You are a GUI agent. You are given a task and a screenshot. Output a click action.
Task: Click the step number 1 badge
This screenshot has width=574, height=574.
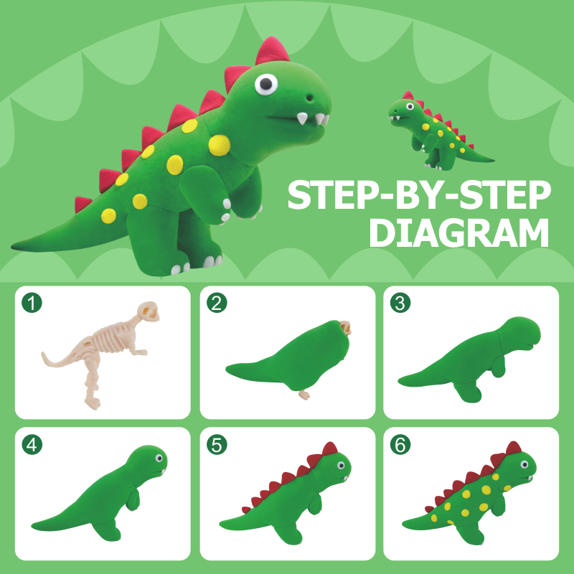pos(32,303)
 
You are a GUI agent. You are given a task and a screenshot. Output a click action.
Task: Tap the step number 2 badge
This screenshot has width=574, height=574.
pos(217,303)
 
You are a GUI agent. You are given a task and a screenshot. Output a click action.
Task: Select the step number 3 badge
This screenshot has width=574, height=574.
pos(400,303)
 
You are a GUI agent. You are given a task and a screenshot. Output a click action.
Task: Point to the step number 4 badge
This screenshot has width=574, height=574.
pos(32,444)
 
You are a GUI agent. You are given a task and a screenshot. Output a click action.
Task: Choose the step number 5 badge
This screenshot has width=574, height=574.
pos(217,444)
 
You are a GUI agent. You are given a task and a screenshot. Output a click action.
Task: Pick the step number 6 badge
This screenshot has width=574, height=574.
pos(400,444)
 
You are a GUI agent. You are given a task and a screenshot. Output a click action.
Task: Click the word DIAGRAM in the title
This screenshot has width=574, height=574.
pos(459,233)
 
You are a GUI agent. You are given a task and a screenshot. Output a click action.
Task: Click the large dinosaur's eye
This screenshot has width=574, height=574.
pos(266,84)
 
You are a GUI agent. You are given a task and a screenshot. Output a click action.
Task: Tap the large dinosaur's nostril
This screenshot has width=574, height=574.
pos(310,98)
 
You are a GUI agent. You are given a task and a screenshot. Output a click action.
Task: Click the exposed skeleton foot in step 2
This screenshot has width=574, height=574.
pos(304,395)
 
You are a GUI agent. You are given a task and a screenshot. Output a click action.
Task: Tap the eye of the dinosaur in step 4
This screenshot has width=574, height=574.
pos(159,458)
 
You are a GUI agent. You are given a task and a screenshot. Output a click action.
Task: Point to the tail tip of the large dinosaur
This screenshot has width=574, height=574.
pos(12,247)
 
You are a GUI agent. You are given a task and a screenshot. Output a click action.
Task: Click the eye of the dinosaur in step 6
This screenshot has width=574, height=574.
pos(524,464)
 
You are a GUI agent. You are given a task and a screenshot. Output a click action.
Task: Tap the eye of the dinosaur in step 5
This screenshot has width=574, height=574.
pos(341,465)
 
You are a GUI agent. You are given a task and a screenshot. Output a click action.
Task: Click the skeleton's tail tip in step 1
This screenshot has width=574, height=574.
pos(43,354)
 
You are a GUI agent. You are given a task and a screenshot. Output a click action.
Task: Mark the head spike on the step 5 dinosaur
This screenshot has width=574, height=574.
pos(330,449)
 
